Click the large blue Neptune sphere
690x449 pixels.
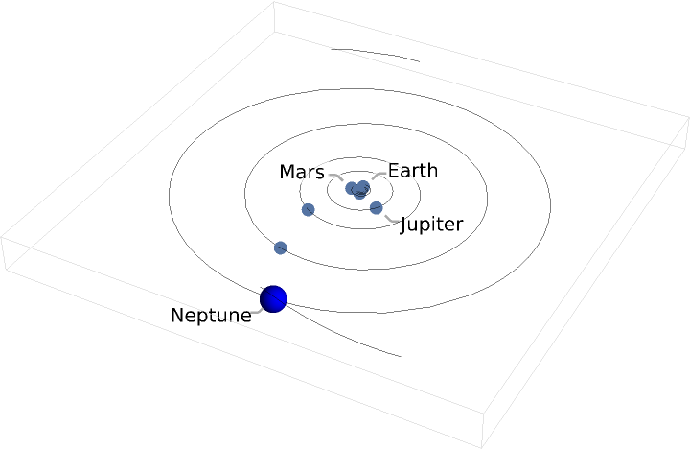274,298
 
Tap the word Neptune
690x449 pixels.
211,315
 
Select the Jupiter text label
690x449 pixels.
431,224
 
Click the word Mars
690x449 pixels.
302,173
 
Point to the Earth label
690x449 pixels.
412,171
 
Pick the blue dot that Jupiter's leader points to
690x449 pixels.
376,208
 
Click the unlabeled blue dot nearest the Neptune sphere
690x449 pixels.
281,248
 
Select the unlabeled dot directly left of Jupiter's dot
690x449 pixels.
308,209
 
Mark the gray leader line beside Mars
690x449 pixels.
335,176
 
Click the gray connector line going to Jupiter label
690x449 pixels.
391,220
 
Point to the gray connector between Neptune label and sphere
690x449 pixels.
257,309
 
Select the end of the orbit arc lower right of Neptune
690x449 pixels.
400,356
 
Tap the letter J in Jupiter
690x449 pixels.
404,224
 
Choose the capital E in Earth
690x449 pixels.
393,171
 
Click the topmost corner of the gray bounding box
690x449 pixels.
276,2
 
